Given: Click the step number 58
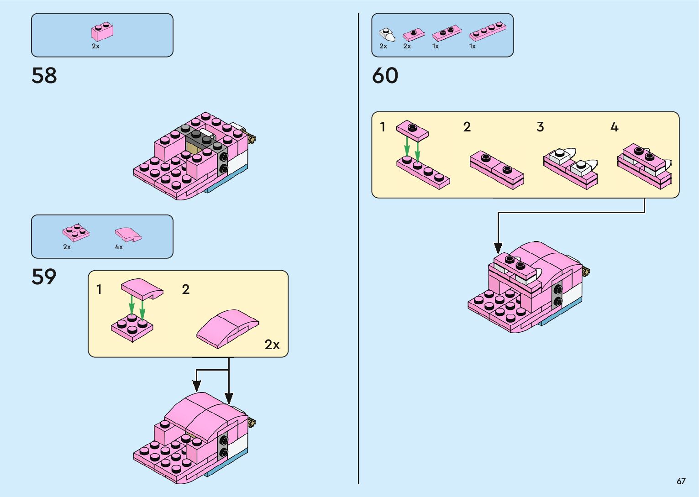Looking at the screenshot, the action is pos(44,76).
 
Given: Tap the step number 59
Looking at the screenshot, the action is pos(44,277).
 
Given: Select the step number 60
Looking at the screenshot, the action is pos(385,76).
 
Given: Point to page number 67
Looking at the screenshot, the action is pos(681,481).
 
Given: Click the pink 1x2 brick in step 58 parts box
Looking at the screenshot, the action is pos(102,31).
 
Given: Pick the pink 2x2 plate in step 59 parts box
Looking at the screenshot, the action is pos(76,232).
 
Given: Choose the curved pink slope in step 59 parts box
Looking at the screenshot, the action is pos(128,234).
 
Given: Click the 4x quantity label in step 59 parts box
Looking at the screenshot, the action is pos(119,247).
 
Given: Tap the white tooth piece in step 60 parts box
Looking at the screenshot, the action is pos(387,34).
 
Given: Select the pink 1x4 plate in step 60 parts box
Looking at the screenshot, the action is pos(488,31).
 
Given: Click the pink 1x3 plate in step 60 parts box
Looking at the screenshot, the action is pos(447,33).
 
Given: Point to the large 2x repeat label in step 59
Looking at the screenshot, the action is pos(272,344).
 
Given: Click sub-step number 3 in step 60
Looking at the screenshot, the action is pos(540,127).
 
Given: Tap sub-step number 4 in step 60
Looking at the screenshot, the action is pos(615,127).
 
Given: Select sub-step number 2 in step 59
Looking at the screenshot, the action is pos(185,289).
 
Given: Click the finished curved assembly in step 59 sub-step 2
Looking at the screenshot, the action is pos(227,327).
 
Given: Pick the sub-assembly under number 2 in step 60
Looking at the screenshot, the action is pos(496,169).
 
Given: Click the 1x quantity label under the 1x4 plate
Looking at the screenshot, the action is pos(473,46).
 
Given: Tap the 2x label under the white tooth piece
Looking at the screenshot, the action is pos(383,46).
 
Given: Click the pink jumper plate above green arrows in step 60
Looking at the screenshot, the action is pos(412,131).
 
